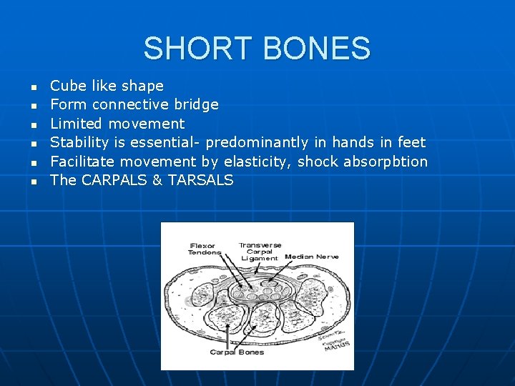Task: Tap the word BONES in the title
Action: (316, 49)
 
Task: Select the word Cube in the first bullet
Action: (67, 86)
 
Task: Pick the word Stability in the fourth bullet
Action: (79, 142)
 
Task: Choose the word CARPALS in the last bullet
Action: (114, 180)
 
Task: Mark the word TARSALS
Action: (201, 180)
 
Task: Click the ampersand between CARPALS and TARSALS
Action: (157, 180)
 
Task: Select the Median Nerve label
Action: (312, 256)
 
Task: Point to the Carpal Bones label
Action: (236, 352)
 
